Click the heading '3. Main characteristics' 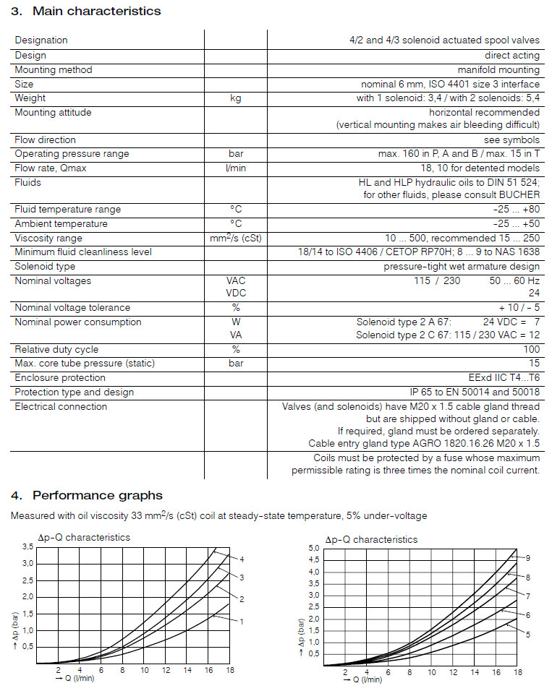coord(86,11)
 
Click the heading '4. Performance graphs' coord(87,495)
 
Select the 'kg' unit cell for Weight coord(236,98)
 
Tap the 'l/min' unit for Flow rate coord(236,168)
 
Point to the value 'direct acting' coord(512,56)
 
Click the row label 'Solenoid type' coord(44,267)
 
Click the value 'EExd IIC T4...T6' coord(504,378)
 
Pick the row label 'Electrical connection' coord(61,407)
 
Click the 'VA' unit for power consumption coord(236,335)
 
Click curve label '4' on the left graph coord(242,559)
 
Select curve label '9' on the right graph coord(529,558)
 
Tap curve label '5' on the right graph coord(529,634)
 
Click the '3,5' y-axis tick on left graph coord(27,547)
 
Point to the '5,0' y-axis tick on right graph coord(314,549)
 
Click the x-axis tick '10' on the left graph coord(145,671)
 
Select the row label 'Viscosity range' coord(48,239)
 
